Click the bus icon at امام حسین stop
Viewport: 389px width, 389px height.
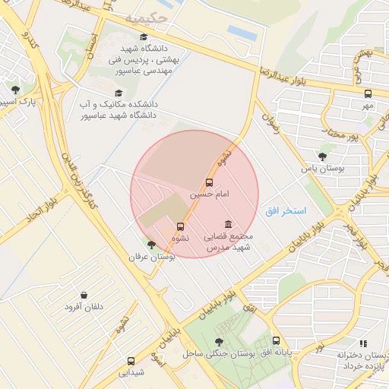(210, 182)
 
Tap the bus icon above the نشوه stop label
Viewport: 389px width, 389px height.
(180, 226)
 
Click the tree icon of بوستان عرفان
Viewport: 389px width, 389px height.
(151, 245)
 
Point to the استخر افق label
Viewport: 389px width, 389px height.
(286, 210)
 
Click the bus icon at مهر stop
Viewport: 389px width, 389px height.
(368, 94)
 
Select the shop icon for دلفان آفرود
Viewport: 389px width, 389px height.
(84, 295)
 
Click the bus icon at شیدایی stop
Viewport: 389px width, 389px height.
(131, 362)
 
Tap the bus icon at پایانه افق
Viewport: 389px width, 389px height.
(276, 342)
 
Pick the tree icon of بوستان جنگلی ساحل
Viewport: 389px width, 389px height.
(220, 342)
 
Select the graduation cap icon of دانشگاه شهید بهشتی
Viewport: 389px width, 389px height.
(144, 36)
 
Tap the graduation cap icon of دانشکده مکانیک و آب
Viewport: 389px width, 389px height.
(118, 93)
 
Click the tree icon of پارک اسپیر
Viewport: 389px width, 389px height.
(15, 90)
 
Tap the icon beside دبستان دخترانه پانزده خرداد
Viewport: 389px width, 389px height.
(362, 343)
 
